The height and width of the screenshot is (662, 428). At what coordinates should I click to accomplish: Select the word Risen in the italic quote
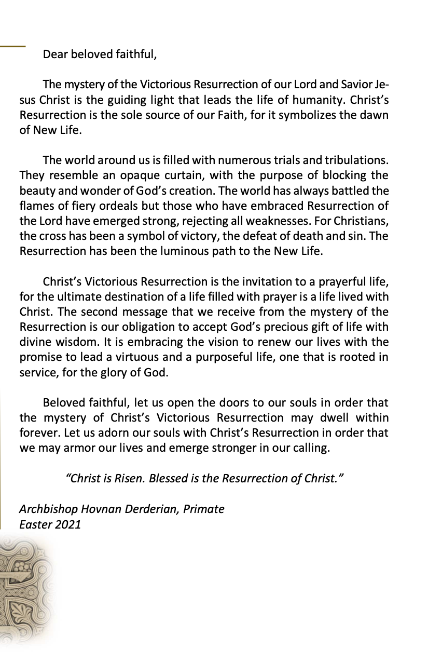[127, 478]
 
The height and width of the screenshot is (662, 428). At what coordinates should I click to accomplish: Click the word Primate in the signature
[204, 509]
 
